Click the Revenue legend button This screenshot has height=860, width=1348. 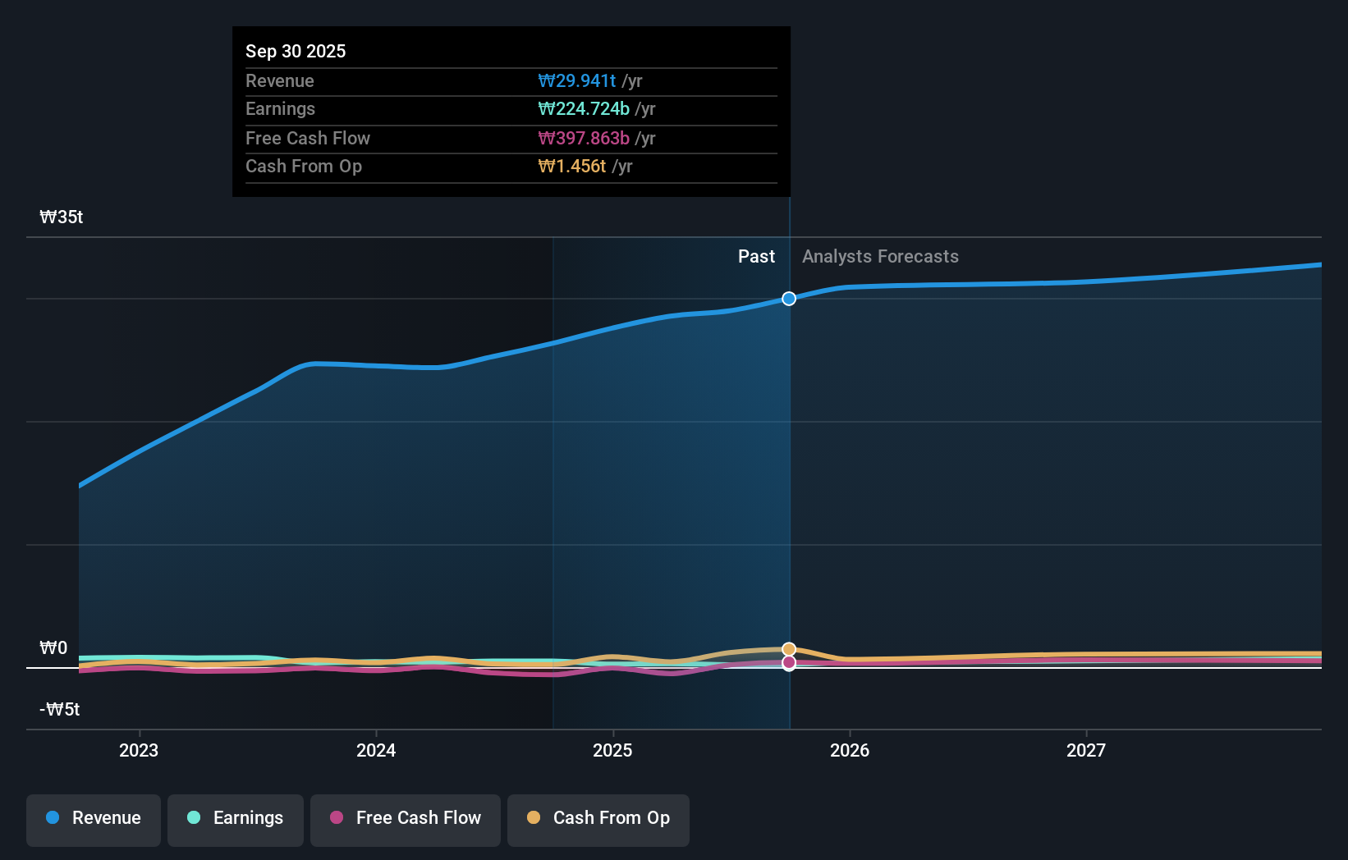pos(94,819)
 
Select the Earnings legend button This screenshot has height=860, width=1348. pos(236,819)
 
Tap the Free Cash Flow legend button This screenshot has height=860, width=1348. pos(406,819)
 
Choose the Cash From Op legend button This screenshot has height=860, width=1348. pos(598,819)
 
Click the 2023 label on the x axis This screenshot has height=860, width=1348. pos(139,750)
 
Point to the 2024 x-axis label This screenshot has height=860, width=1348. pos(376,750)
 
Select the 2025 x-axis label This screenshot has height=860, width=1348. pos(612,750)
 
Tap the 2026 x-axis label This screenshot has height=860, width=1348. pos(850,750)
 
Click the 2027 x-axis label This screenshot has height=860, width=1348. pos(1086,750)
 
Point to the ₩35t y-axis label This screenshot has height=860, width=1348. pos(62,217)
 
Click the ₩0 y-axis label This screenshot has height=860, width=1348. pos(53,648)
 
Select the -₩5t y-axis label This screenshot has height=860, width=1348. pos(60,710)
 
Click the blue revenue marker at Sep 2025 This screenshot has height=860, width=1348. pos(789,299)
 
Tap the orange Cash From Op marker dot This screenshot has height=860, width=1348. pos(789,649)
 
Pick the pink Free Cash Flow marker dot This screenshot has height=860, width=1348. pos(789,662)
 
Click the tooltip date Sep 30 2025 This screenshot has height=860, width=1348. pos(296,51)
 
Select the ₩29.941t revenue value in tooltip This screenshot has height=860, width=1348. pos(576,80)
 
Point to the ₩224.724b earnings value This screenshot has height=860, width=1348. pos(584,109)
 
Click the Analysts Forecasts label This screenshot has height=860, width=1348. pos(880,257)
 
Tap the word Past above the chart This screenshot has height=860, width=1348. pos(756,257)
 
